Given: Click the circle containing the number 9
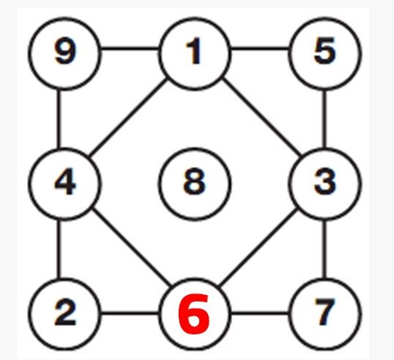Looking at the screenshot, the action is (x=65, y=53).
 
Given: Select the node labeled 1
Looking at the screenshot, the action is (x=194, y=53).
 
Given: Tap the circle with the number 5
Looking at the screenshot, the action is (x=325, y=53).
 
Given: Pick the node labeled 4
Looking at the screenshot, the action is (x=65, y=184).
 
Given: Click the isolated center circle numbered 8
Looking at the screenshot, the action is (x=194, y=184).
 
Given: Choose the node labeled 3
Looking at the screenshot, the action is (x=325, y=184).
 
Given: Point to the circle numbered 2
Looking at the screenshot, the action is (x=65, y=314).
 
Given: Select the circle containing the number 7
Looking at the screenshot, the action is (x=325, y=314).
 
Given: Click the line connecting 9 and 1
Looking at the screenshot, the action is (x=130, y=48).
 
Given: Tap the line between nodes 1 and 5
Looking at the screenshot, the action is (x=260, y=48).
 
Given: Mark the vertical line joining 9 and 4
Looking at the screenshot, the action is (x=59, y=119).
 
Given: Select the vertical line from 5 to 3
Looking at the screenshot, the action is (x=325, y=119).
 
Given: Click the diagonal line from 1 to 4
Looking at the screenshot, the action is (x=128, y=117).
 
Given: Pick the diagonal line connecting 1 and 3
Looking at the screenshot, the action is (x=262, y=117).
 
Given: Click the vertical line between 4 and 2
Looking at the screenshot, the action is (x=59, y=249).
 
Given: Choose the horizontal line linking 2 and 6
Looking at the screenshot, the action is (x=130, y=313).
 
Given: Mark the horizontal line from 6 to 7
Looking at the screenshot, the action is (x=260, y=313).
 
